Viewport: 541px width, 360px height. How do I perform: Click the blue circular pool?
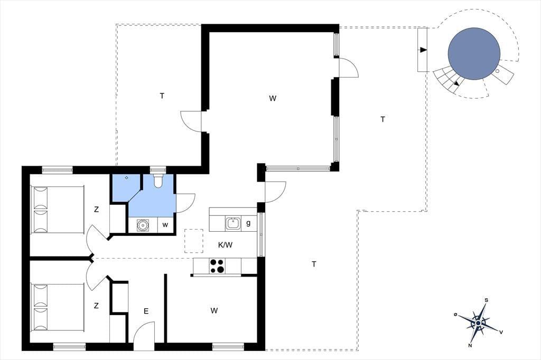(x=474, y=53)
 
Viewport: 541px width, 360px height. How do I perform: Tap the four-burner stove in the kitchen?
(x=217, y=266)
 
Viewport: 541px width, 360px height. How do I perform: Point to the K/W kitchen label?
(x=225, y=245)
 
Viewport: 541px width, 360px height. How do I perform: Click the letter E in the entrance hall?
(x=146, y=311)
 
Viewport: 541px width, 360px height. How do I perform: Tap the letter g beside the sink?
(x=248, y=223)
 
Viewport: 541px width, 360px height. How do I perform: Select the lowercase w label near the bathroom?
(x=165, y=225)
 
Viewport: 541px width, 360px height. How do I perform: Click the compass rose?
(x=479, y=323)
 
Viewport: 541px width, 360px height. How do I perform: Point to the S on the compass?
(x=487, y=300)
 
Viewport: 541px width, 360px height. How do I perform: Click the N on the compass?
(x=470, y=345)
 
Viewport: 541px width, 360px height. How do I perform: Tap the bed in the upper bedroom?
(x=58, y=210)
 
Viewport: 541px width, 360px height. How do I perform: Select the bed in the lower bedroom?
(x=58, y=307)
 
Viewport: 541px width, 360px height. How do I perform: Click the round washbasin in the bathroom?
(x=142, y=225)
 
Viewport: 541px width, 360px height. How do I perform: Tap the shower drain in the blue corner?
(x=127, y=177)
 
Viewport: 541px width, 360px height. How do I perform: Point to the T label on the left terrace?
(x=162, y=96)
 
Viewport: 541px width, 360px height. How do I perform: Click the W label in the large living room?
(x=273, y=98)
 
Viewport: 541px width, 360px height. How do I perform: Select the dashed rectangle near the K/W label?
(x=194, y=241)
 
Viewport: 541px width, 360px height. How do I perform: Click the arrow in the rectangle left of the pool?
(x=423, y=50)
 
